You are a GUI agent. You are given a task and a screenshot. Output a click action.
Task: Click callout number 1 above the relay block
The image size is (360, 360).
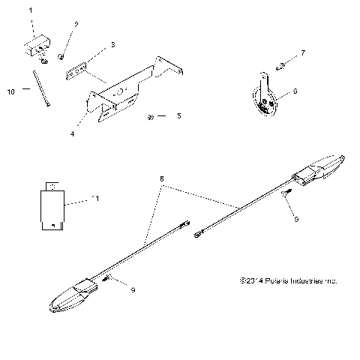(31, 12)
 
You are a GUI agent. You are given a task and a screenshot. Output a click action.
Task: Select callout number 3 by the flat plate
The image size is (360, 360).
(112, 45)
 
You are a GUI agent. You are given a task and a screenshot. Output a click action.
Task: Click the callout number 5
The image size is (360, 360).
(178, 116)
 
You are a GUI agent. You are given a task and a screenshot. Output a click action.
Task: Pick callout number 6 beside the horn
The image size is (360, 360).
(295, 90)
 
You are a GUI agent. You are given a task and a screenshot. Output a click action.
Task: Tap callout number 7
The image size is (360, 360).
(302, 52)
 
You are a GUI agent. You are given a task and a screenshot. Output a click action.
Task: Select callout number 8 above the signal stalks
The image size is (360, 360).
(162, 180)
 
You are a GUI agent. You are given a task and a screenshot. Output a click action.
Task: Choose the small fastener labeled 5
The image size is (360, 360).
(152, 116)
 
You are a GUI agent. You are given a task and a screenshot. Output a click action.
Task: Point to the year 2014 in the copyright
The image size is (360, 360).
(250, 280)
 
